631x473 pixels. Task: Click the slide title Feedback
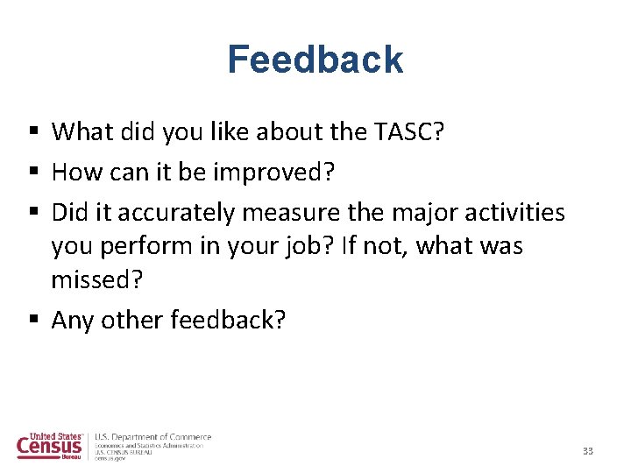click(x=315, y=60)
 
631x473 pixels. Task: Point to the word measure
click(x=285, y=212)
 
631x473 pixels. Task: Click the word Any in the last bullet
click(x=73, y=321)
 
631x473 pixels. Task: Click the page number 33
click(x=588, y=451)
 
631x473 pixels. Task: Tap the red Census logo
click(x=50, y=446)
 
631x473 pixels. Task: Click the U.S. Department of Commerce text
click(x=152, y=436)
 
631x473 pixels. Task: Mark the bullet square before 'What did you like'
click(x=32, y=132)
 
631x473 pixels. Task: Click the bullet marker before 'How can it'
click(x=32, y=173)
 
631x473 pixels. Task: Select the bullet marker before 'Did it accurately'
click(x=32, y=213)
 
